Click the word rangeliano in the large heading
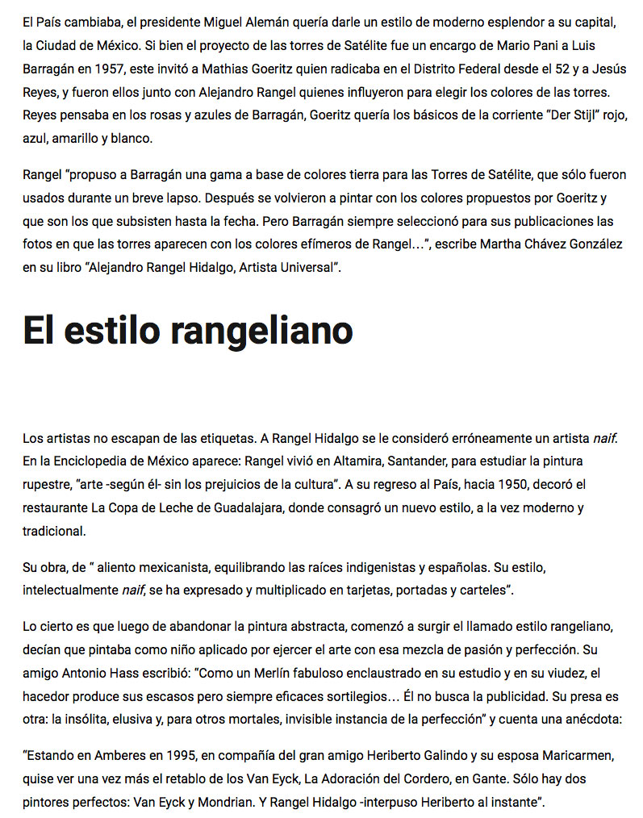click(262, 330)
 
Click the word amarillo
click(80, 138)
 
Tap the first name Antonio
click(82, 673)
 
